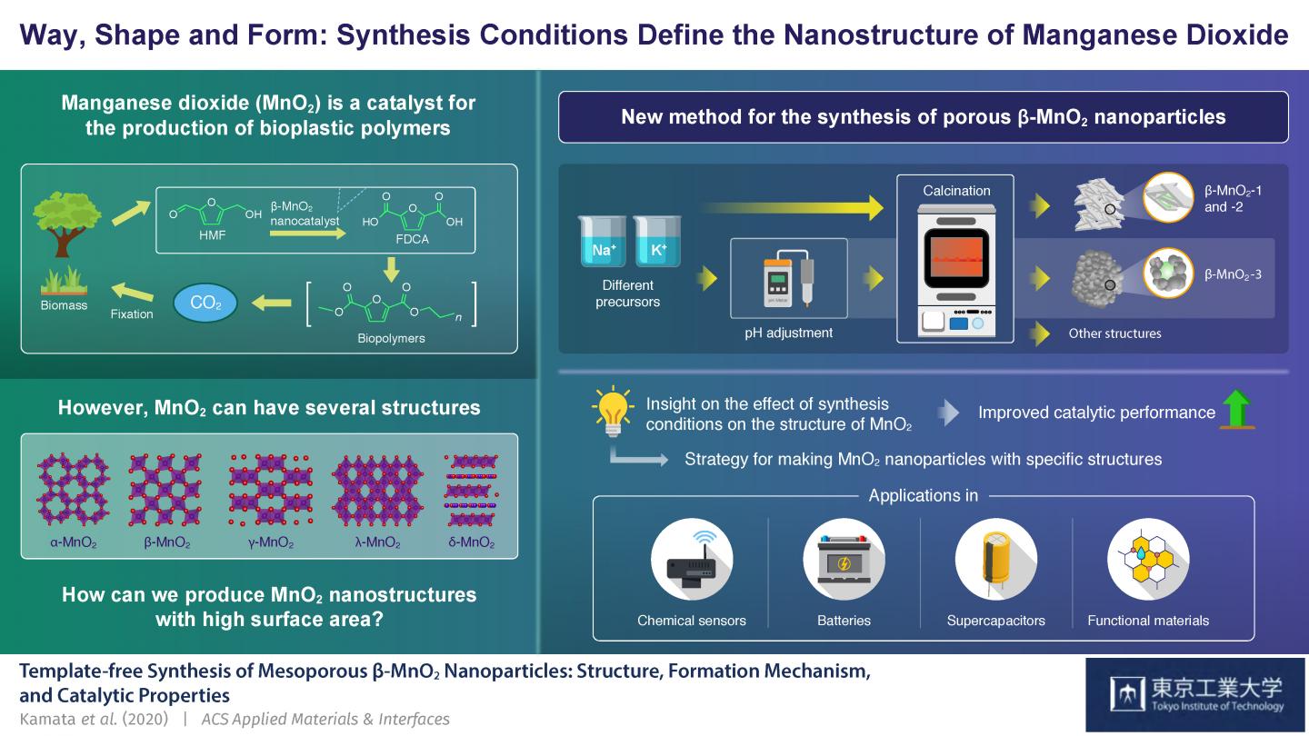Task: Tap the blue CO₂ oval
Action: tap(205, 303)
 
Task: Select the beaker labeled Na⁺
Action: tap(602, 241)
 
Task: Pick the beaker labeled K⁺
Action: tap(657, 241)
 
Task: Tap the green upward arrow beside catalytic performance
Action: tap(1237, 409)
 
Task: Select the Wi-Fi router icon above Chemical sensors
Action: tap(692, 560)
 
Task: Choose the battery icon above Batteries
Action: tap(844, 560)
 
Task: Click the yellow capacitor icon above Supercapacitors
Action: tap(995, 560)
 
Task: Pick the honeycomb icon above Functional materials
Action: tap(1148, 560)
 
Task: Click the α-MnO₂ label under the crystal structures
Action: tap(73, 542)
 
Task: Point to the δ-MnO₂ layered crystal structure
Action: tap(471, 490)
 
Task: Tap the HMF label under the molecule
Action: tap(212, 234)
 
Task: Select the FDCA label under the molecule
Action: tap(412, 239)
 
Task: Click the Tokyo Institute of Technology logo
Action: tap(1195, 694)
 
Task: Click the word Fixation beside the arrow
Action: tap(132, 314)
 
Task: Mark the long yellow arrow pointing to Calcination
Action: tap(792, 208)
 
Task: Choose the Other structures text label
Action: tap(1115, 333)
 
